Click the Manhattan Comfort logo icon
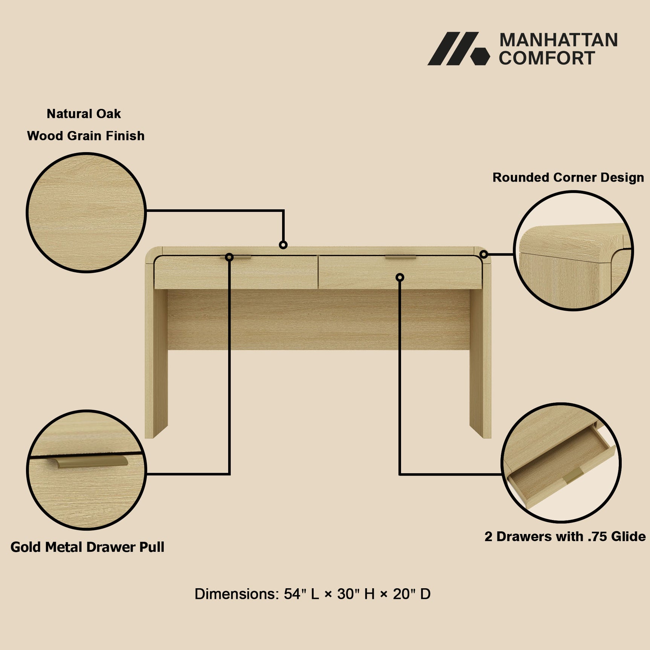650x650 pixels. point(459,49)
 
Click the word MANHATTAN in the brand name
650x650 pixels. point(558,40)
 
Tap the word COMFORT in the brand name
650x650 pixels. point(547,58)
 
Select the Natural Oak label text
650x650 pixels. point(84,114)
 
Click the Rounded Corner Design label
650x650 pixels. point(568,177)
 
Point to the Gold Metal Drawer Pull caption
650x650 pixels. point(87,547)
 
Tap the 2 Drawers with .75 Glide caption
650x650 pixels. point(565,537)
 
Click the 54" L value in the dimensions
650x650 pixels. point(301,594)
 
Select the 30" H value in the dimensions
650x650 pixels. point(356,594)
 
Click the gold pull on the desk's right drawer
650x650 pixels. point(400,258)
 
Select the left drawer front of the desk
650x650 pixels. point(236,273)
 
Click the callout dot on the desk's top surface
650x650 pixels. point(283,245)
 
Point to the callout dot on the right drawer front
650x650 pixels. point(400,278)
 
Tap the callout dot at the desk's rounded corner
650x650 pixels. point(484,255)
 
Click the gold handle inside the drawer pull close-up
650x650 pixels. point(90,462)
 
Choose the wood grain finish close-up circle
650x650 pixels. point(86,212)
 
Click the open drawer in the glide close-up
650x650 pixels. point(561,467)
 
